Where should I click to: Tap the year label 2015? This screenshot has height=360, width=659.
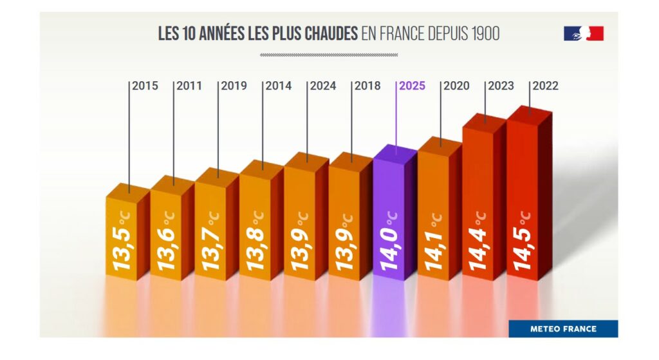pyautogui.click(x=145, y=86)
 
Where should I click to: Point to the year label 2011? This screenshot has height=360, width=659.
pyautogui.click(x=189, y=86)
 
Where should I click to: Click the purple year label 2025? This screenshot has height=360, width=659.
pyautogui.click(x=412, y=86)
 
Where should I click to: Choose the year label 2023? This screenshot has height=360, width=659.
pyautogui.click(x=501, y=86)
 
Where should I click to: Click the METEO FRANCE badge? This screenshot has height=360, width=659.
pyautogui.click(x=563, y=328)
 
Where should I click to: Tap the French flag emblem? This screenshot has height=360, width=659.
pyautogui.click(x=584, y=33)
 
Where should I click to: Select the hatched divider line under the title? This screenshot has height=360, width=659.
pyautogui.click(x=329, y=55)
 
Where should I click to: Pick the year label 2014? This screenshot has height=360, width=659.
pyautogui.click(x=278, y=86)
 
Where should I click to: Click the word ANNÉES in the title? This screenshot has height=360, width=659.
pyautogui.click(x=222, y=33)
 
